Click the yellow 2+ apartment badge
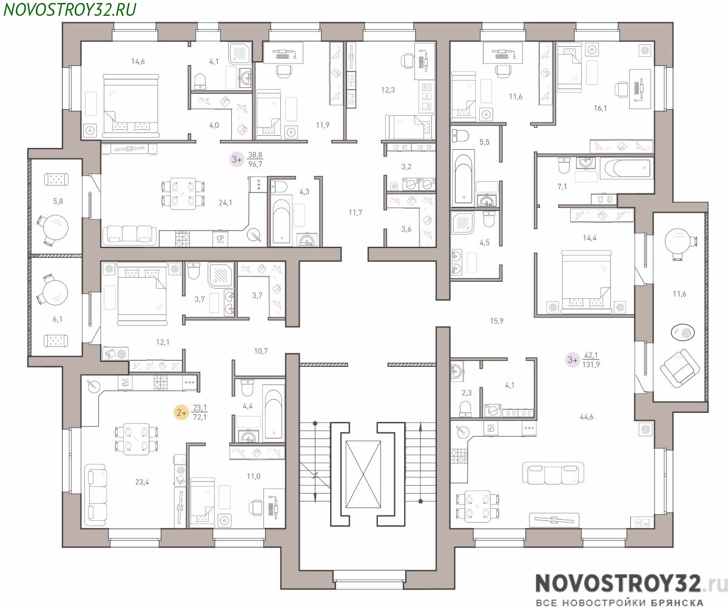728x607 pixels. pos(181,413)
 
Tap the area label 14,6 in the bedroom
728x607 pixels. pos(138,62)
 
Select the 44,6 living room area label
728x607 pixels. pos(587,417)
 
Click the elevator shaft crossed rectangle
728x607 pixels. pos(363,474)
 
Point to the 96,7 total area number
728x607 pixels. pos(255,164)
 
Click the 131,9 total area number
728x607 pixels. pos(591,364)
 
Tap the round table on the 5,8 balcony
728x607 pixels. pos(56,227)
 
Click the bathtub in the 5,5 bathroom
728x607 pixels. pos(463,178)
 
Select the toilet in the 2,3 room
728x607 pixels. pos(465,408)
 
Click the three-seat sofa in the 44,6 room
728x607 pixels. pos(553,473)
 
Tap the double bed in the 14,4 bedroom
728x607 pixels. pos(587,281)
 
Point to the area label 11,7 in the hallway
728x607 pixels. pos(355,212)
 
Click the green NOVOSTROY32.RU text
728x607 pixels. pos(70,10)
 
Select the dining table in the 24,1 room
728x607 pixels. pos(183,193)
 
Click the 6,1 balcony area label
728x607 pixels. pos(57,319)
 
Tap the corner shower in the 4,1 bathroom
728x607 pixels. pos(240,53)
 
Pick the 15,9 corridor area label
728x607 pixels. pos(496,321)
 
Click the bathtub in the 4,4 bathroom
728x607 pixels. pos(274,412)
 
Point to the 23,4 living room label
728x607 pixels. pos(142,482)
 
